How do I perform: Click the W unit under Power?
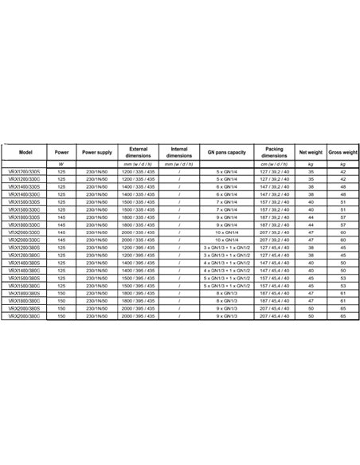(x=61, y=164)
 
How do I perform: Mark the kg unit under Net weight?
(x=309, y=164)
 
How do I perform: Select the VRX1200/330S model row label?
(x=26, y=172)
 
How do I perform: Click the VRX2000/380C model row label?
(x=26, y=293)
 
